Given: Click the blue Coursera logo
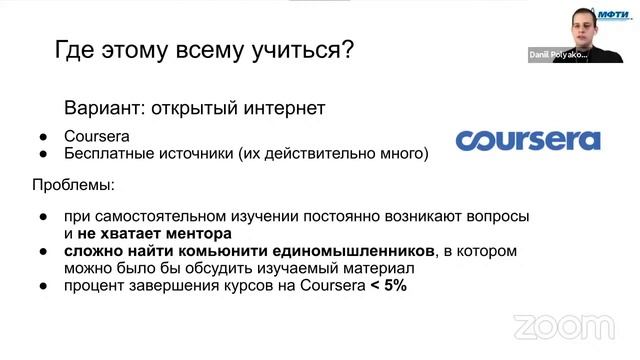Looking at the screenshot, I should (528, 139).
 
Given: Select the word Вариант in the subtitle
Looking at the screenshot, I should (101, 105).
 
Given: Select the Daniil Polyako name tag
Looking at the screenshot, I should (557, 56).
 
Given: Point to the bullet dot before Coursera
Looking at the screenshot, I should (43, 136).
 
